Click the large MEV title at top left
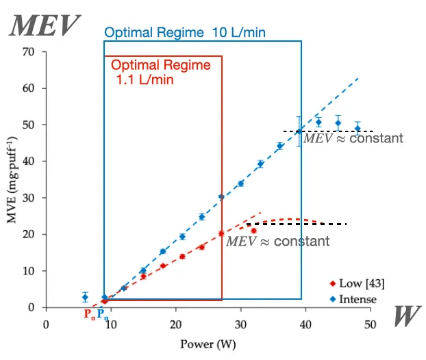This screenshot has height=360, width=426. tap(43, 26)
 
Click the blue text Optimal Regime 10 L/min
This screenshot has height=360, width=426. tap(185, 32)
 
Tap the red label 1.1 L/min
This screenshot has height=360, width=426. tap(145, 80)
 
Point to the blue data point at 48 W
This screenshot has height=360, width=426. tap(358, 128)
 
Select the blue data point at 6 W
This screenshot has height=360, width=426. tap(85, 297)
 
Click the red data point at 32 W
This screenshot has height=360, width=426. tap(253, 230)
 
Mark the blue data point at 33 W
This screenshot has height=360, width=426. tap(260, 164)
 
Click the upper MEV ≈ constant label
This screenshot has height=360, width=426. tap(353, 138)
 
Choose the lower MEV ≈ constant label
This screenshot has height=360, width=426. tap(278, 241)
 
